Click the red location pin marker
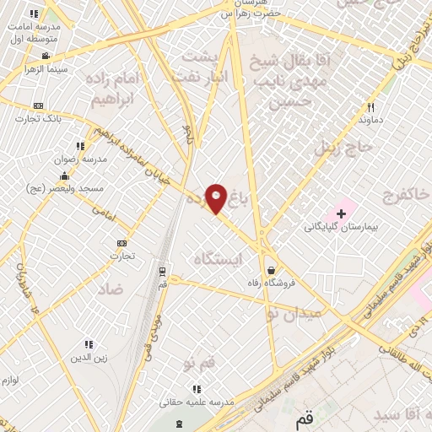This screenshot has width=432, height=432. (x=216, y=198)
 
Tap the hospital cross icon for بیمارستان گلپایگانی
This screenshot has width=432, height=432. (x=341, y=213)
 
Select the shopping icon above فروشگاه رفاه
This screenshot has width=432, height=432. (x=270, y=270)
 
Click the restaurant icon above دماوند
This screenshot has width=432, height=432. (x=370, y=107)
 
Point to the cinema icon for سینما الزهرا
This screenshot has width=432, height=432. (x=45, y=56)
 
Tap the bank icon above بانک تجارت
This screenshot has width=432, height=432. (x=38, y=105)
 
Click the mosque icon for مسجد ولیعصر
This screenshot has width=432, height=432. (x=64, y=176)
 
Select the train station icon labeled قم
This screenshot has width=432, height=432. (x=162, y=272)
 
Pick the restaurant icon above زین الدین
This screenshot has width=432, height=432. (x=89, y=344)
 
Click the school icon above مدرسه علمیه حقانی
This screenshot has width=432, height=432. (x=197, y=389)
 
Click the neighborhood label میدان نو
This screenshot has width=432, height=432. (x=294, y=313)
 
